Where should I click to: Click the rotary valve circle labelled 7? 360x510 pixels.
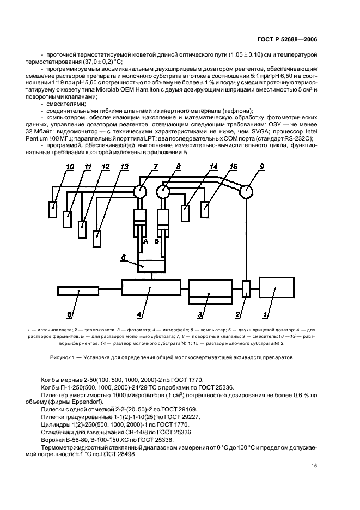(141, 191)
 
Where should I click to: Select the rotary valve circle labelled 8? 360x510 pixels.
(163, 191)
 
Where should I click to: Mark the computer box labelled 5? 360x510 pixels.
(78, 290)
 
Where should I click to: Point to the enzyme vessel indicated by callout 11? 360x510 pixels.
(68, 219)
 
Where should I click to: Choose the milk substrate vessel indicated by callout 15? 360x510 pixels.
(205, 209)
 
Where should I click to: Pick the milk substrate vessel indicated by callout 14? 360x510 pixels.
(185, 212)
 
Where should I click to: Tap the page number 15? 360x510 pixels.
(314, 465)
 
